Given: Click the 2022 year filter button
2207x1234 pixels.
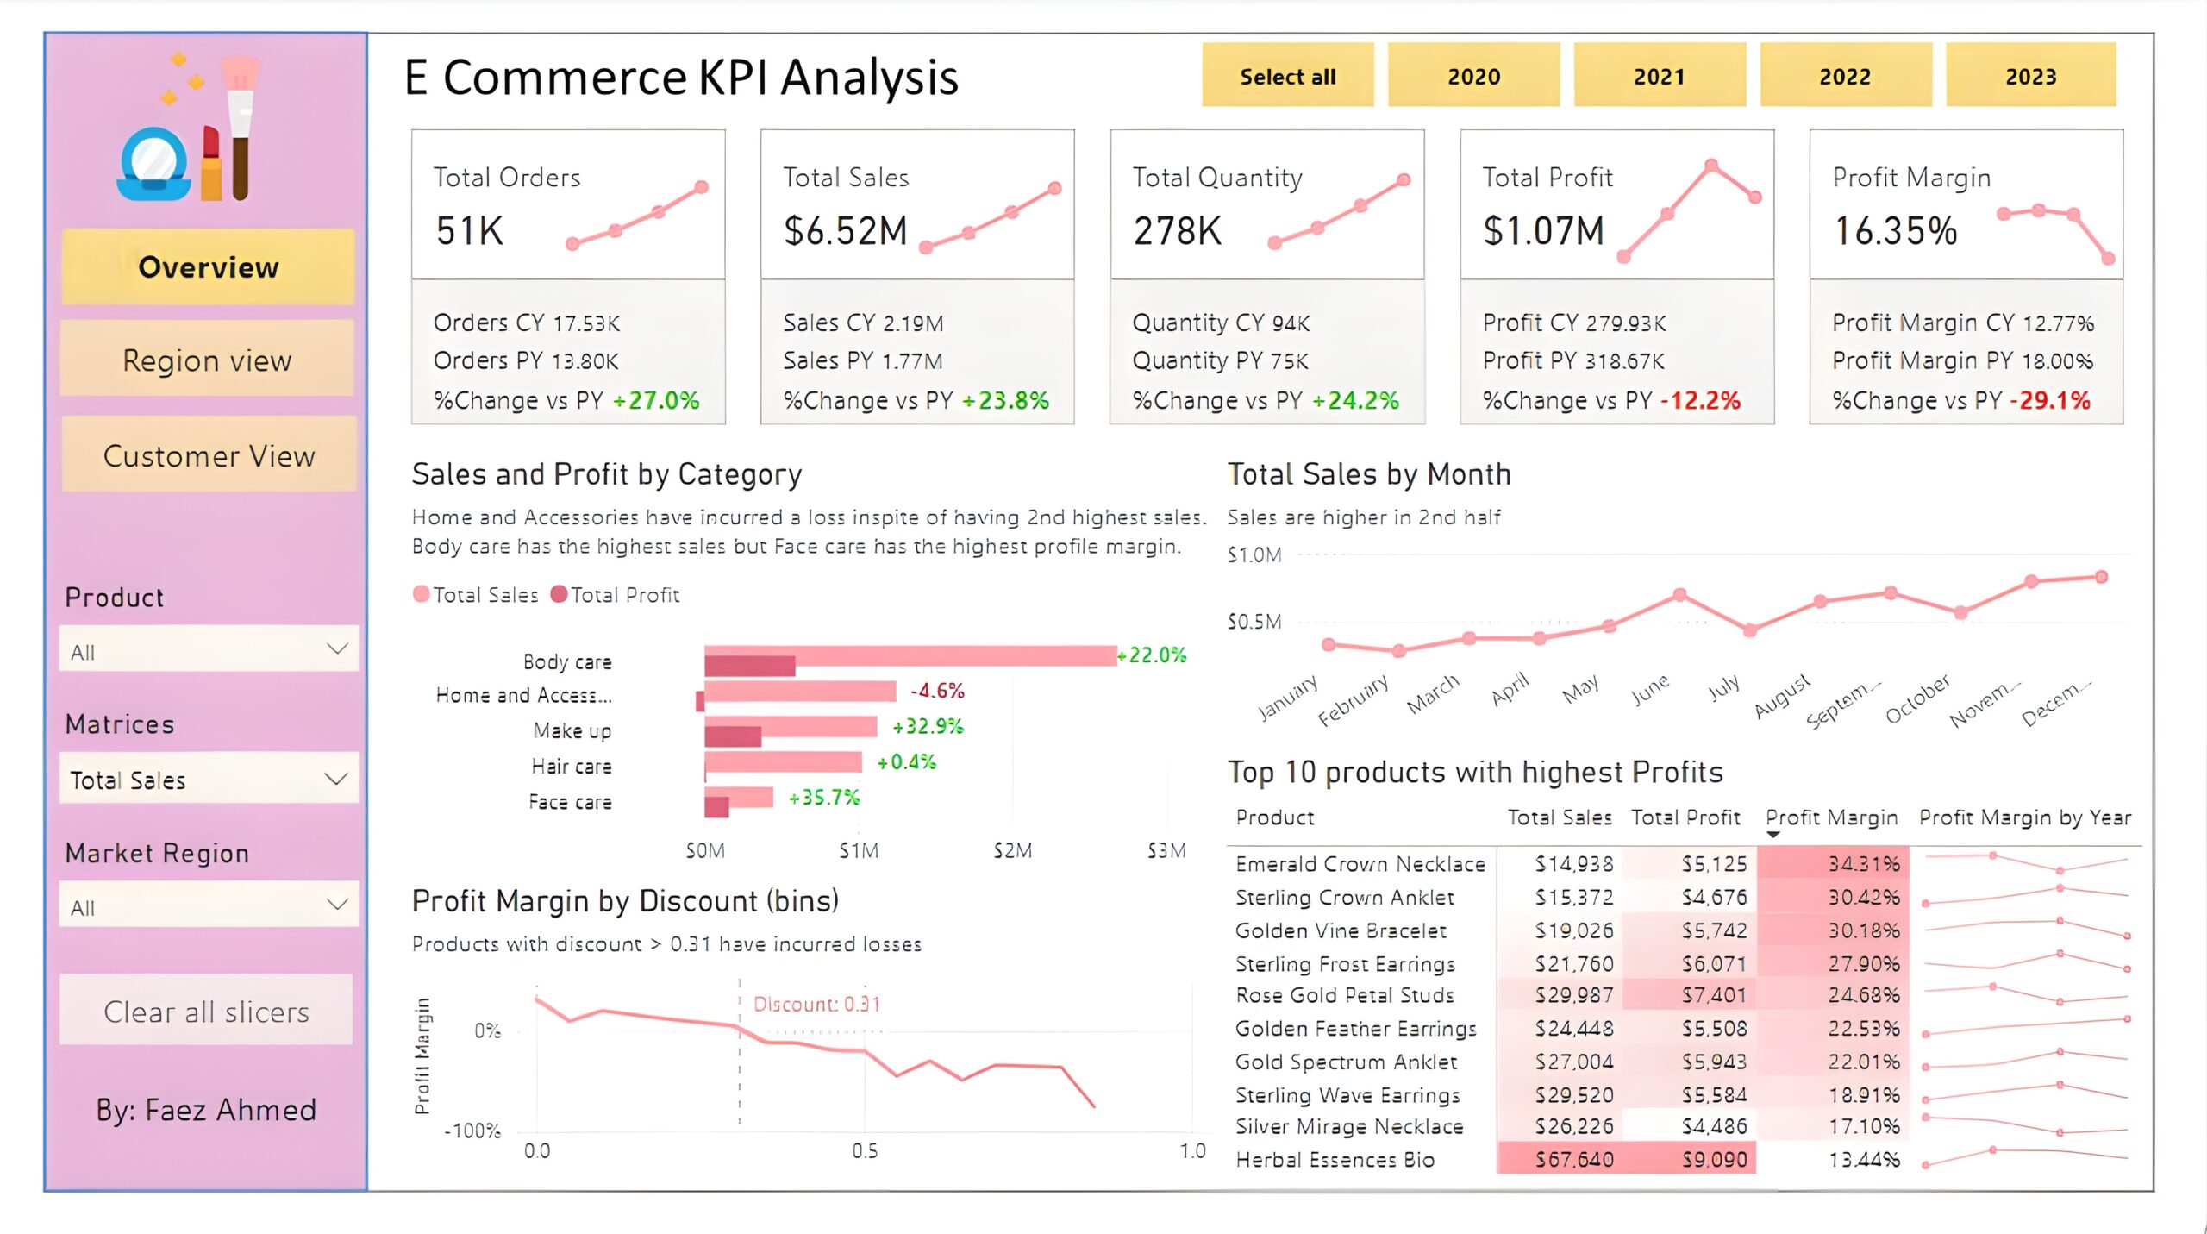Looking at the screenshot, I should [1844, 76].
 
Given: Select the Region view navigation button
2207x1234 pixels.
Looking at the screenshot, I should [207, 360].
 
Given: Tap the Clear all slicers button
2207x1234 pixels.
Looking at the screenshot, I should [206, 1011].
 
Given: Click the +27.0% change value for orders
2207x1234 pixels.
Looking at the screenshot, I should [657, 400].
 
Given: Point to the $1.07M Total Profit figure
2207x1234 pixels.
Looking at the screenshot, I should [1543, 230].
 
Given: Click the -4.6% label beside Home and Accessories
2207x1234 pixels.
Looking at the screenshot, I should [937, 691].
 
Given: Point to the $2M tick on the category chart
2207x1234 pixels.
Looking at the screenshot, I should [1012, 851].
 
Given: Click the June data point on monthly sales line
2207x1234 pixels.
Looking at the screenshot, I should [1679, 595].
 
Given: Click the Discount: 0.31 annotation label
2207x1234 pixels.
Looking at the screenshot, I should [816, 1004].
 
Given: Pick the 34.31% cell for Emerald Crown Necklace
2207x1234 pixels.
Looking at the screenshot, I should [1863, 863].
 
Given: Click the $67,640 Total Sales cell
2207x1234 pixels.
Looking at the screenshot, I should [1573, 1160].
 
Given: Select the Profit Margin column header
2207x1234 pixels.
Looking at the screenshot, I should [1831, 817].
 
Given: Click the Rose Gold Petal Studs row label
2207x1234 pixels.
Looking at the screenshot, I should [1344, 995].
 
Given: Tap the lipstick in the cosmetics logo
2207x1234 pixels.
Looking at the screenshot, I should [210, 164].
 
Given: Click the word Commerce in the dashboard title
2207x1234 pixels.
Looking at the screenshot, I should [565, 78].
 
